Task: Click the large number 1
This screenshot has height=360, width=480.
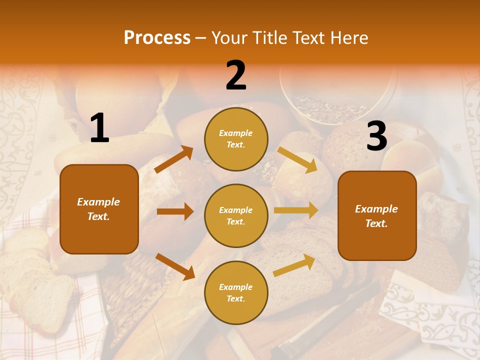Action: click(x=99, y=128)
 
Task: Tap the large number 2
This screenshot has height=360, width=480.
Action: click(x=236, y=75)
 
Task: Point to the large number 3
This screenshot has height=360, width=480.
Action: click(x=376, y=136)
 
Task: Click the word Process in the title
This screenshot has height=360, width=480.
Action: click(x=157, y=37)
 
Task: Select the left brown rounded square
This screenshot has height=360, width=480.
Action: click(x=99, y=209)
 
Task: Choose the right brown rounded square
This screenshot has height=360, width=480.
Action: click(x=377, y=215)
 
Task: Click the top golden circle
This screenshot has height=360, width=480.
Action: click(x=236, y=138)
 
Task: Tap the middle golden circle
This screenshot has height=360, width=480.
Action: click(x=236, y=215)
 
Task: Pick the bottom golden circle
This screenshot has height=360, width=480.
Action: click(x=236, y=292)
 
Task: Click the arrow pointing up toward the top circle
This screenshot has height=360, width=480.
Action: click(x=174, y=159)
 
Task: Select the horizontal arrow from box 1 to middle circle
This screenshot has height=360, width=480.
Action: click(x=175, y=211)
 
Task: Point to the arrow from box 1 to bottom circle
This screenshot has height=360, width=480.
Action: click(x=175, y=266)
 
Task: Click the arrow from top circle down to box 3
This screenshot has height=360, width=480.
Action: click(x=297, y=159)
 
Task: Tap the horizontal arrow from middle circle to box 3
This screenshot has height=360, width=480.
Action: click(x=296, y=210)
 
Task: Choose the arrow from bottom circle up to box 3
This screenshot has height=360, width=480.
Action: click(x=294, y=265)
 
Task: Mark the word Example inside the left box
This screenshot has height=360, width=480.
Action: click(x=98, y=202)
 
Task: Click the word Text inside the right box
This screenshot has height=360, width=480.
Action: click(x=376, y=223)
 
